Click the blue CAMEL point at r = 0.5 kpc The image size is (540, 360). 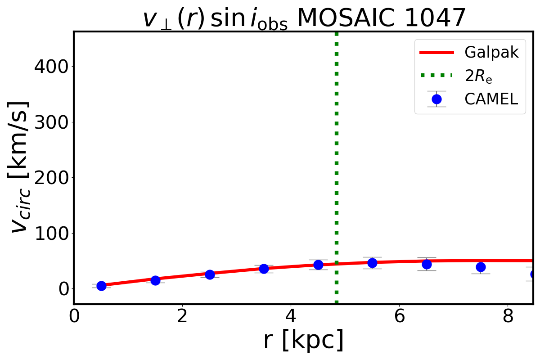[x=101, y=286]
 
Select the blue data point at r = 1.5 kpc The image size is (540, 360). [x=155, y=280]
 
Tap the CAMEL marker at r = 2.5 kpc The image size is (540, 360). [x=210, y=274]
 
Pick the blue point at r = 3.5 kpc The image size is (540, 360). [x=264, y=269]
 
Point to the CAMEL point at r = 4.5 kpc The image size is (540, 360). [x=318, y=265]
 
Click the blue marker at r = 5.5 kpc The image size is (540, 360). [x=372, y=263]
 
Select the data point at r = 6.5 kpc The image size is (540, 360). [x=427, y=264]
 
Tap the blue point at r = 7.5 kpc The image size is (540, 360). [x=481, y=267]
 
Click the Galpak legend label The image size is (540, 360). [x=491, y=53]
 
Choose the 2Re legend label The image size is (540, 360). [x=478, y=76]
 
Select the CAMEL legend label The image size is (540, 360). [x=491, y=99]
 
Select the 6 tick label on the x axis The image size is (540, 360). [x=399, y=316]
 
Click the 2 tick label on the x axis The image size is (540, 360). [x=182, y=316]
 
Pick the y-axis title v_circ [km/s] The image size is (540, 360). [x=20, y=167]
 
